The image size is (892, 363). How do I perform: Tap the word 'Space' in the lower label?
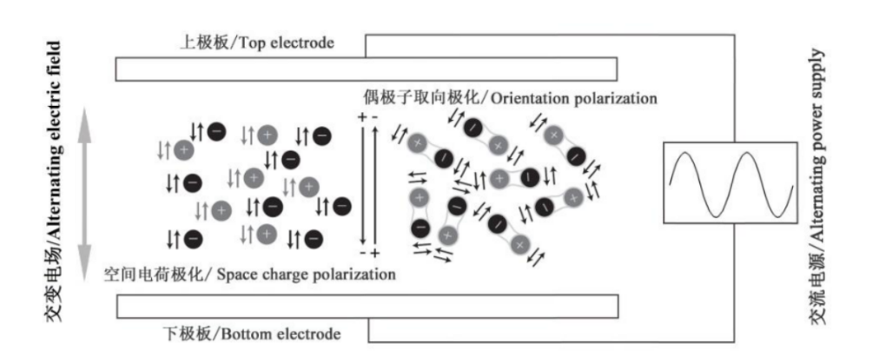click(235, 274)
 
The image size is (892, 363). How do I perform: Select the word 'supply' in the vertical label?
click(817, 70)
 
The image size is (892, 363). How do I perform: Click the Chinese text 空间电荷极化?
click(153, 274)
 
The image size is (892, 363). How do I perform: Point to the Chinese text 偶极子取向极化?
click(421, 98)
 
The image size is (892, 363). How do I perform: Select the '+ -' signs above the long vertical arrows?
click(367, 116)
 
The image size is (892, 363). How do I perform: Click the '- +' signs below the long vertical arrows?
click(368, 253)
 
